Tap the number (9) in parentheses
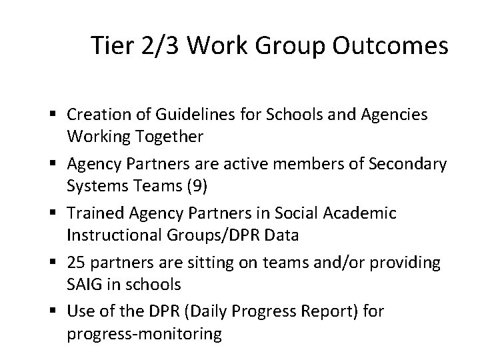coord(194,186)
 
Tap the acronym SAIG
coord(83,284)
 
